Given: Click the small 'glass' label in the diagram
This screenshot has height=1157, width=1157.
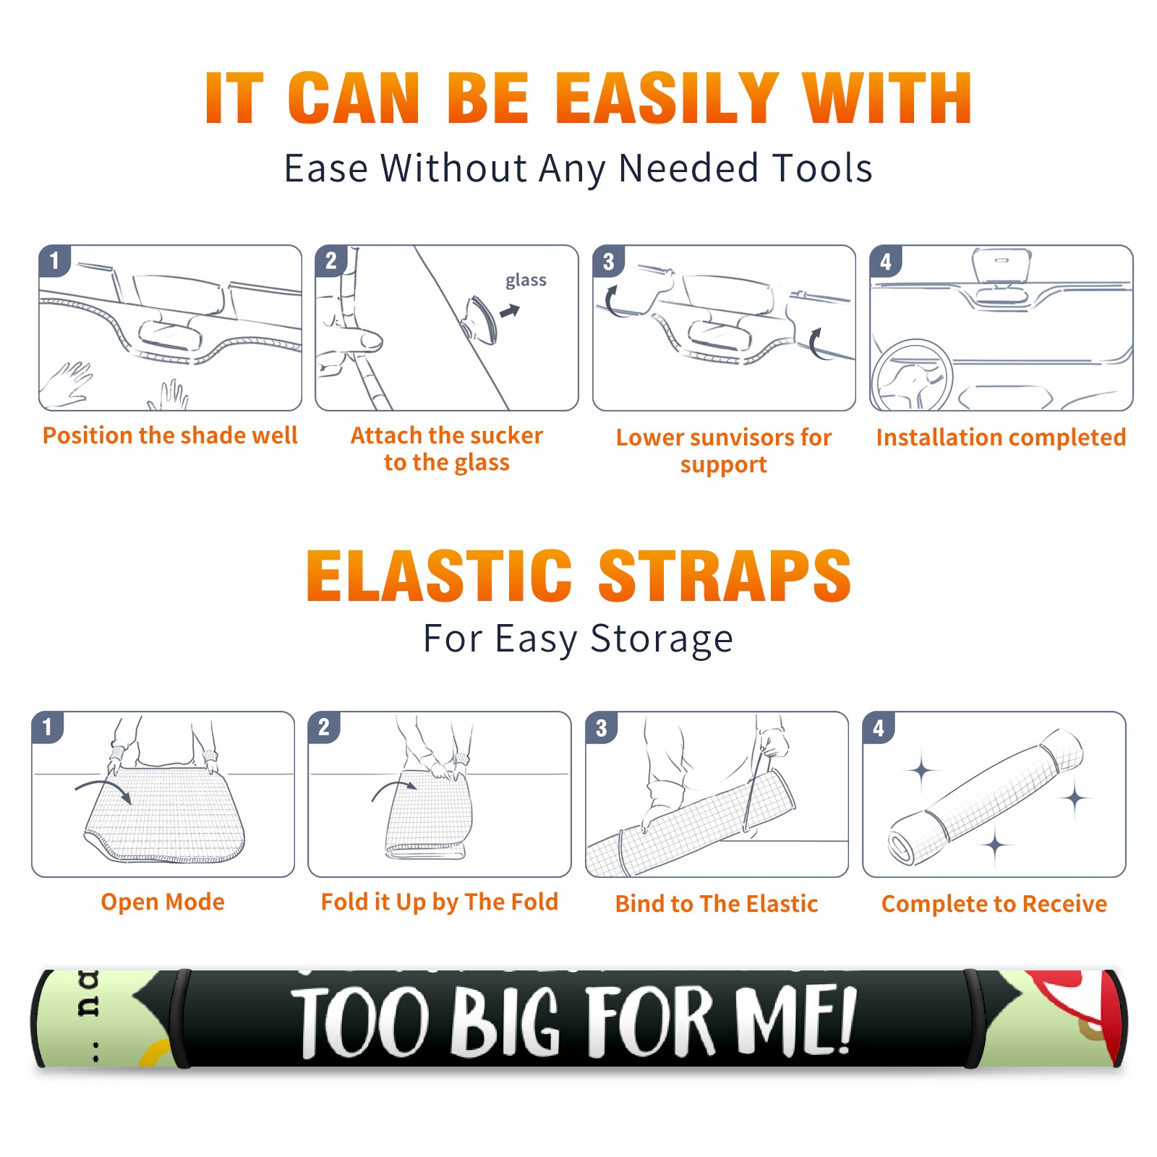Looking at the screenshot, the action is point(526,281).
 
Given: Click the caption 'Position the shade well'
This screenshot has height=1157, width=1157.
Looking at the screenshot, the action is point(170,435).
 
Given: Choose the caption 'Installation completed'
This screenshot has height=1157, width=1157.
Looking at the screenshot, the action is point(1001,437).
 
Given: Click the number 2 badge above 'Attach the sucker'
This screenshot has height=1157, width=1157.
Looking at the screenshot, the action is point(331,261).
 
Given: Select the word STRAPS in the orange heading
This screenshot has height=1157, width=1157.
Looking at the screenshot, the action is point(725,576).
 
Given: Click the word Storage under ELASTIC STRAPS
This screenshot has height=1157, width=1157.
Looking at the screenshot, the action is point(662,639).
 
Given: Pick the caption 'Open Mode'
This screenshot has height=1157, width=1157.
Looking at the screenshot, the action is point(163,902).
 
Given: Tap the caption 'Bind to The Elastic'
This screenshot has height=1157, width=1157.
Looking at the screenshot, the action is point(717,904).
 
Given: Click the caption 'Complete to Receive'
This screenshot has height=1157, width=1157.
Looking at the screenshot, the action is point(994,904).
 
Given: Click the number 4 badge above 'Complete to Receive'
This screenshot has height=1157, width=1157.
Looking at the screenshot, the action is point(879,728).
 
